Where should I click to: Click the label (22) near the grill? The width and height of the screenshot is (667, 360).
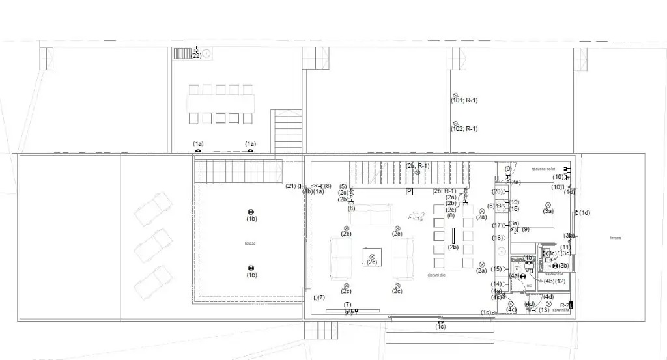point(196,56)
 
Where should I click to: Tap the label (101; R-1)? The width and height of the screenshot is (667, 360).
point(464,100)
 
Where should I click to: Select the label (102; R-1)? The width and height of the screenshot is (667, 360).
point(464,129)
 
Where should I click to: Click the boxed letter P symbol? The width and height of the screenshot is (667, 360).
point(409,191)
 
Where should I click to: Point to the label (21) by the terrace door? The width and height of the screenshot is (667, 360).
point(291,187)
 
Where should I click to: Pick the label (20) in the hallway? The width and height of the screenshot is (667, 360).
point(497,191)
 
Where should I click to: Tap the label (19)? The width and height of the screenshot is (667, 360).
point(515,202)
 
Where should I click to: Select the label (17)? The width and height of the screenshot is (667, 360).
point(497,225)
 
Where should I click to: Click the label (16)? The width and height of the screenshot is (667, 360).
point(497,238)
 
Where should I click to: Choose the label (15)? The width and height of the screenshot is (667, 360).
point(496,269)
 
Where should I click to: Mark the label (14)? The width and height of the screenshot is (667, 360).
point(496,284)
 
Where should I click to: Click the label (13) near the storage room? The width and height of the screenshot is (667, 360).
point(543,310)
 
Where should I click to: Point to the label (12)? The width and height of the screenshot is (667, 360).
point(560,281)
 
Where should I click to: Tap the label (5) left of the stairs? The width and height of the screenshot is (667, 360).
point(343,187)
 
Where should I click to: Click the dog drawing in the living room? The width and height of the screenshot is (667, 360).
point(414,215)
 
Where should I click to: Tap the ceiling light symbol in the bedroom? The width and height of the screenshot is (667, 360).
point(548,205)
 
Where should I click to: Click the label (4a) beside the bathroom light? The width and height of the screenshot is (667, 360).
point(515,276)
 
